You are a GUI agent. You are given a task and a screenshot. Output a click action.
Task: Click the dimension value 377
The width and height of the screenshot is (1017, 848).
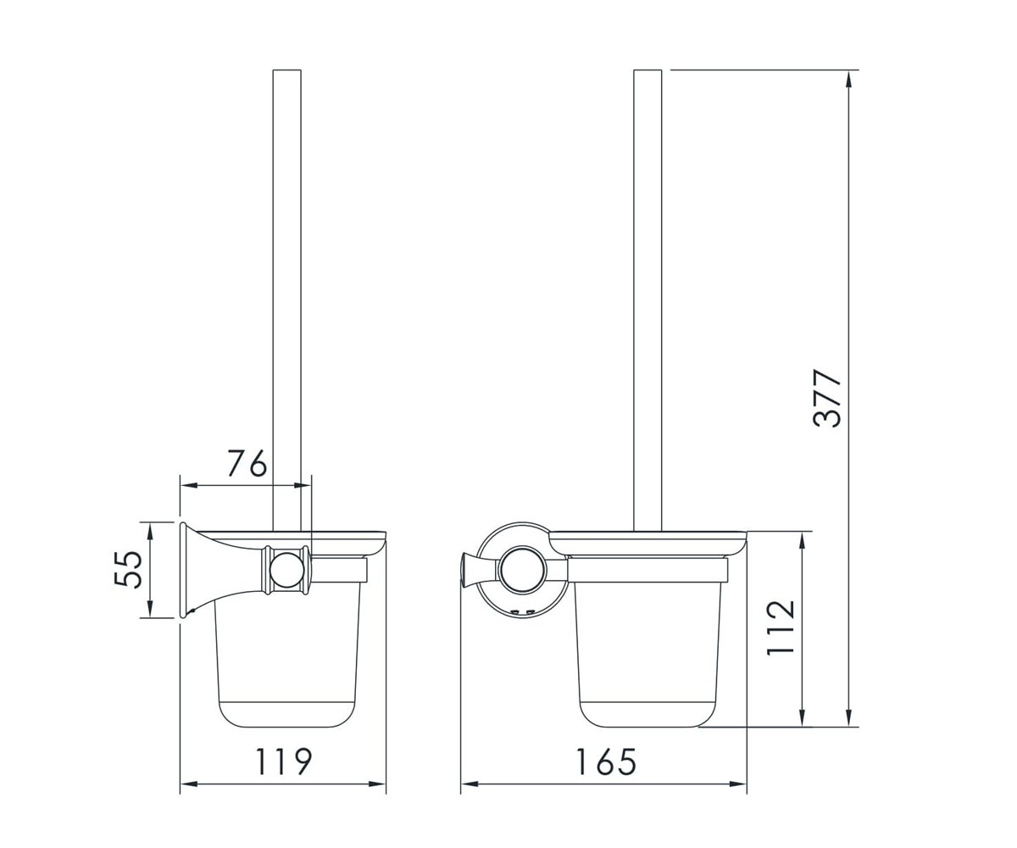point(827,399)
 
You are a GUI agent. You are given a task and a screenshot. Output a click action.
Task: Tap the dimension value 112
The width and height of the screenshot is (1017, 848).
point(781,628)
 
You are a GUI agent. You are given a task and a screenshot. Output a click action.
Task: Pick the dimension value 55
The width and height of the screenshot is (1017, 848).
point(128,570)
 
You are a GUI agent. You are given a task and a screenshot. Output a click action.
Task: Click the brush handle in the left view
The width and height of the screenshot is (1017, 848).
point(287,300)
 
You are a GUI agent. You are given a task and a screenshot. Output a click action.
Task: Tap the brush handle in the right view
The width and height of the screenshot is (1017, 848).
point(647,300)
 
